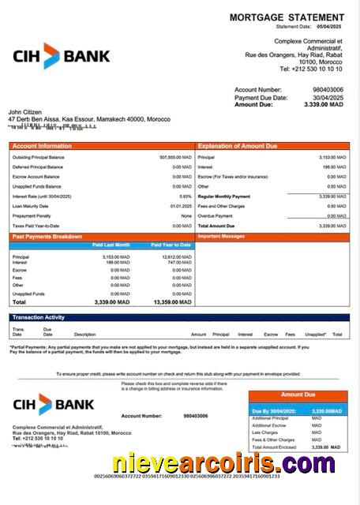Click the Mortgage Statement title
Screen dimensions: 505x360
click(287, 17)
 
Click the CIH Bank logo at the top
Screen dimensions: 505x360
click(62, 56)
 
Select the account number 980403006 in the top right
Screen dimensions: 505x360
click(328, 90)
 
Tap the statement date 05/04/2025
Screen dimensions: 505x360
click(331, 26)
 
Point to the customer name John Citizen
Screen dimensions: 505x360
click(25, 112)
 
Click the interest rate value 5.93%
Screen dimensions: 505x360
click(186, 196)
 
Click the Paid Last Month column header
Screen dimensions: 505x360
click(111, 245)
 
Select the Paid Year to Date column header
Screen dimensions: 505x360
click(171, 245)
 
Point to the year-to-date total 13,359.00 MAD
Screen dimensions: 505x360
click(171, 302)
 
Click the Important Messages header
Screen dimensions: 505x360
click(222, 236)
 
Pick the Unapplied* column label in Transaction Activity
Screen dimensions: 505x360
click(316, 335)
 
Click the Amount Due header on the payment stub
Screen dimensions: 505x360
click(298, 394)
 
